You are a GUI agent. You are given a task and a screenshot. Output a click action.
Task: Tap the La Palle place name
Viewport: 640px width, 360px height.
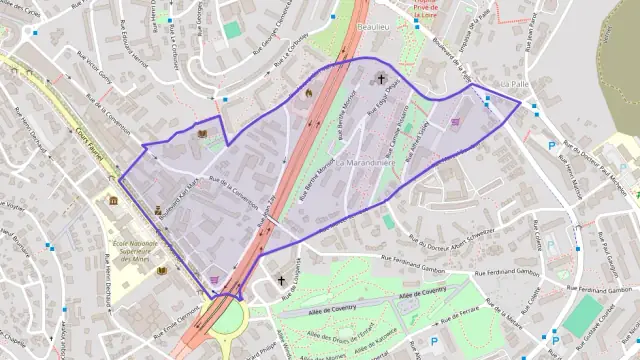512,84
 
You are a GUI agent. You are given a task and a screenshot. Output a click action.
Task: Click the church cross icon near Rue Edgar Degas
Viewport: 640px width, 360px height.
380,79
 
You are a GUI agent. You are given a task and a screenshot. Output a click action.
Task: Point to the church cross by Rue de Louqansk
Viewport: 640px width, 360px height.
281,281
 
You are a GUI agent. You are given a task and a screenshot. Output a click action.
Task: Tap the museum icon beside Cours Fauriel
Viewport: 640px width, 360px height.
113,201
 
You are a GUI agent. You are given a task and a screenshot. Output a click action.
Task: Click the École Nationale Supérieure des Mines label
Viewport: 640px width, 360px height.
126,252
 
